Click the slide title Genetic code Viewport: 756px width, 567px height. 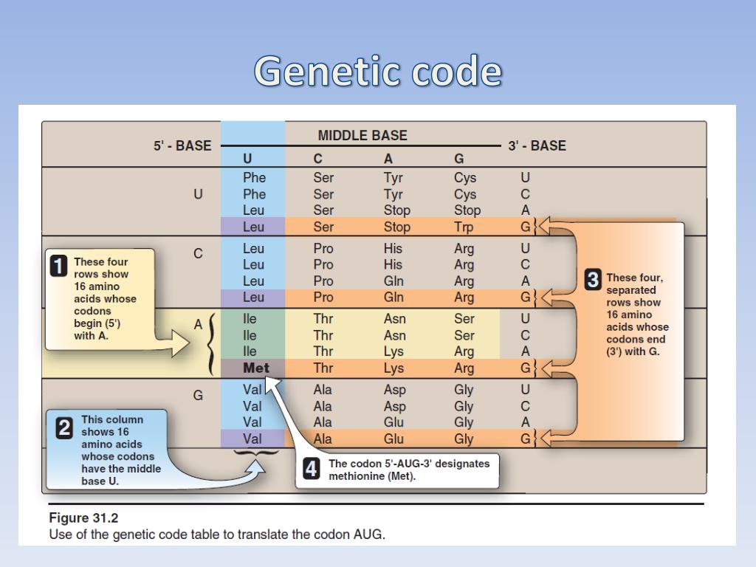pyautogui.click(x=378, y=72)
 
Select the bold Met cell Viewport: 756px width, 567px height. pyautogui.click(x=256, y=368)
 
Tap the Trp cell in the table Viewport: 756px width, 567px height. pyautogui.click(x=464, y=227)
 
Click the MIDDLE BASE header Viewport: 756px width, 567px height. pyautogui.click(x=362, y=136)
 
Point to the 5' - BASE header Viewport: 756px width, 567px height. pyautogui.click(x=182, y=146)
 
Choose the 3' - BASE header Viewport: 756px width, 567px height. pyautogui.click(x=537, y=146)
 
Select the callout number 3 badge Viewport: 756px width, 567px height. pyautogui.click(x=592, y=281)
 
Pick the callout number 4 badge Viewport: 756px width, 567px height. pyautogui.click(x=312, y=470)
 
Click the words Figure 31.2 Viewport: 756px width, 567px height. pyautogui.click(x=83, y=518)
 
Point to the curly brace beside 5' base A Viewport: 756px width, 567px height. pyautogui.click(x=212, y=343)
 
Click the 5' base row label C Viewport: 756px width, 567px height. pyautogui.click(x=198, y=253)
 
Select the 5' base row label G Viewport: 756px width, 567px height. pyautogui.click(x=198, y=395)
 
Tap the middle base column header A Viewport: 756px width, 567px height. pyautogui.click(x=388, y=159)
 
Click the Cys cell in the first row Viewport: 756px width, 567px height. pyautogui.click(x=465, y=178)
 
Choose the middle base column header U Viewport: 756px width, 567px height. pyautogui.click(x=247, y=159)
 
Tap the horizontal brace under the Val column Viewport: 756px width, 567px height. pyautogui.click(x=252, y=452)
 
